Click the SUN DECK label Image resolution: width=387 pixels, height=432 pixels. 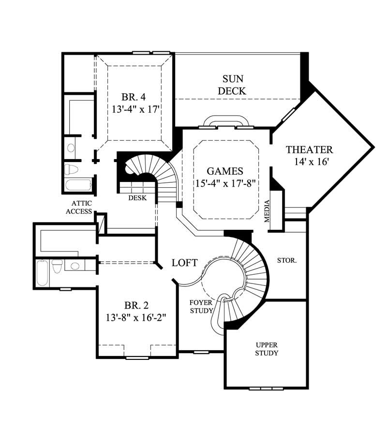[x=232, y=85]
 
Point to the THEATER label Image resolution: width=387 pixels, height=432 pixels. [x=309, y=149]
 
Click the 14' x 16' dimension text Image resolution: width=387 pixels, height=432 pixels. [x=309, y=163]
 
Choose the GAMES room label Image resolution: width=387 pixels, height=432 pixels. [x=224, y=171]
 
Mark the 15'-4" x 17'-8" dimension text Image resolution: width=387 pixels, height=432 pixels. [x=224, y=183]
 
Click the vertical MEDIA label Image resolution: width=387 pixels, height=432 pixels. [x=267, y=211]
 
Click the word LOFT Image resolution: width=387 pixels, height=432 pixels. [x=185, y=263]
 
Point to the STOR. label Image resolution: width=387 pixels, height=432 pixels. [x=287, y=260]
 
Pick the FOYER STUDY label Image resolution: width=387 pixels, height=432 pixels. [x=201, y=307]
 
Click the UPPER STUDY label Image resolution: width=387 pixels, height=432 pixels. [x=267, y=349]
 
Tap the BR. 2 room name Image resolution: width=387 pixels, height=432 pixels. [x=136, y=305]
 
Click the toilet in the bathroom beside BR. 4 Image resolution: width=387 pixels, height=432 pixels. [x=72, y=169]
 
